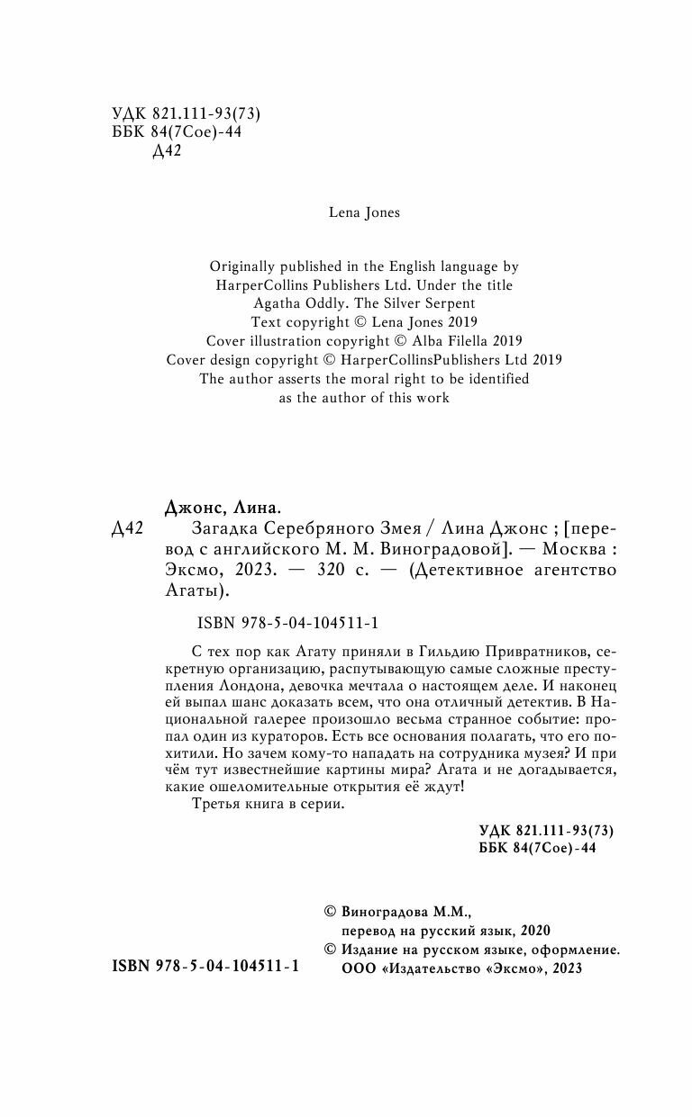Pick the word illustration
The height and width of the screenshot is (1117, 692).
(287, 341)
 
